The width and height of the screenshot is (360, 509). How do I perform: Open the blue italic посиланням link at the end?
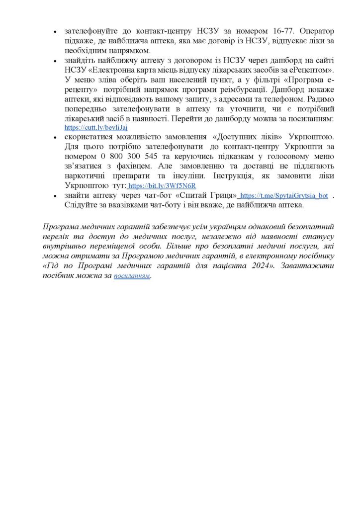[x=132, y=276]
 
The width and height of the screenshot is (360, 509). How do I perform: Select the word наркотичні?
[x=86, y=175]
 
